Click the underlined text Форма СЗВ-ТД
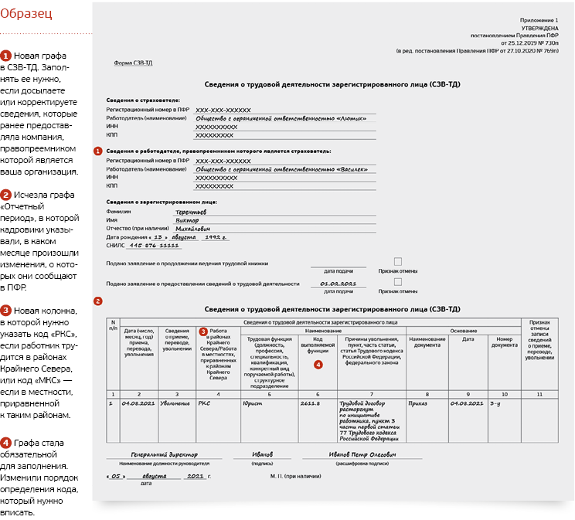pos(133,63)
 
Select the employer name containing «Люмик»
pos(281,118)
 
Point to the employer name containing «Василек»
pos(281,168)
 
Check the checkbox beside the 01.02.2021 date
pos(398,282)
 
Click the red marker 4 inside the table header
pos(318,364)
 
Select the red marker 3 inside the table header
pos(203,331)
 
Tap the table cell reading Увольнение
pos(175,403)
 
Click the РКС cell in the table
pos(205,403)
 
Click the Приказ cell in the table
pos(420,403)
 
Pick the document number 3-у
pos(496,403)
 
